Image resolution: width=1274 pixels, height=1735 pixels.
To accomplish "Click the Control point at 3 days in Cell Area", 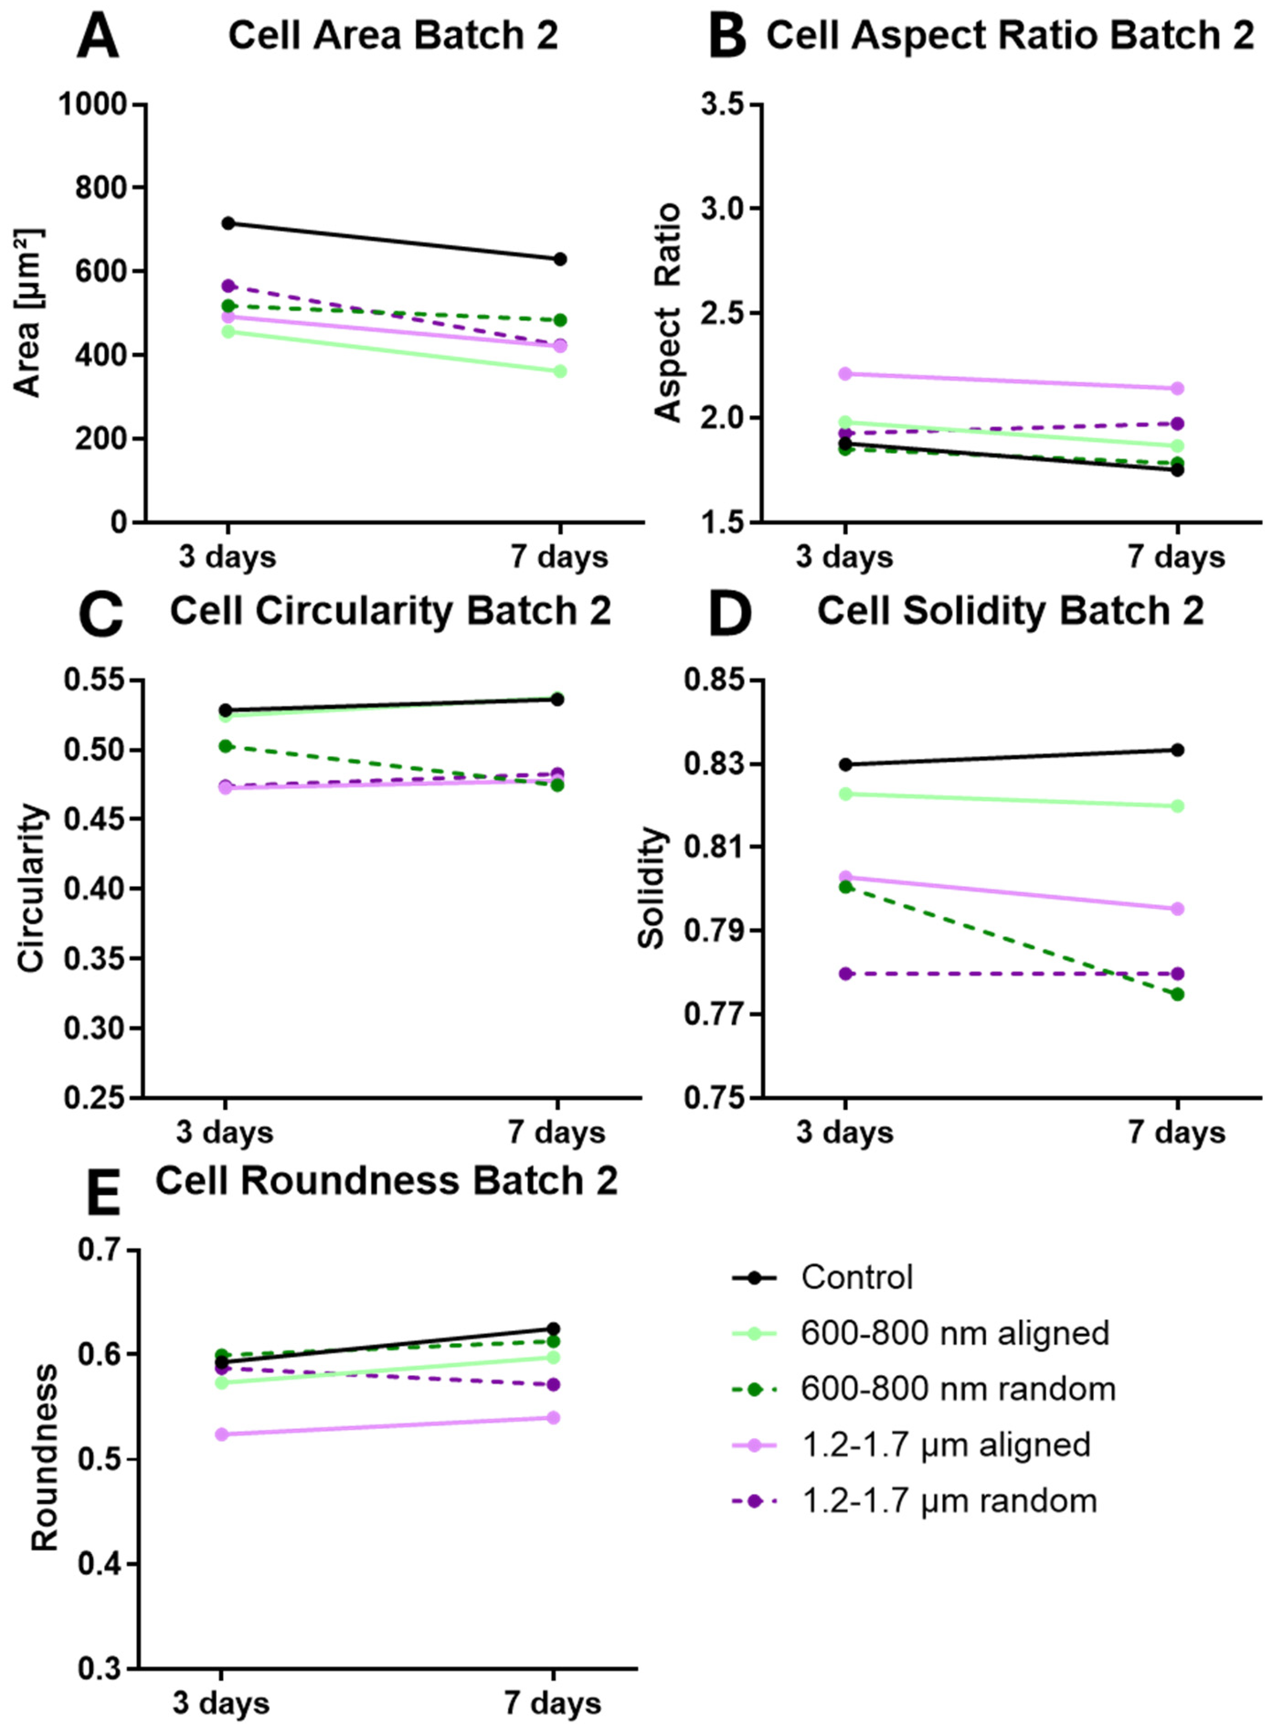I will coord(227,223).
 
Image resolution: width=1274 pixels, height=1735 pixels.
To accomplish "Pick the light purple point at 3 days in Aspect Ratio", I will coord(845,374).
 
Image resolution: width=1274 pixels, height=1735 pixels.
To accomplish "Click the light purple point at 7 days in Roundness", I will coord(553,1417).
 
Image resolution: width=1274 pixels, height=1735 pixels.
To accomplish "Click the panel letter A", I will coord(98,37).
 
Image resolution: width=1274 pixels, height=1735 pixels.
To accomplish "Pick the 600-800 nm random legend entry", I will coord(958,1389).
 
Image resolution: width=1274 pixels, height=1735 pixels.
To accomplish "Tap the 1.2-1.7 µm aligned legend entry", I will coord(946,1444).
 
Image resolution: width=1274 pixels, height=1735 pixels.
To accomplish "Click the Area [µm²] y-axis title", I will coord(29,312).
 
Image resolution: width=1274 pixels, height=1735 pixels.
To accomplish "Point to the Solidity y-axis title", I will coord(652,887).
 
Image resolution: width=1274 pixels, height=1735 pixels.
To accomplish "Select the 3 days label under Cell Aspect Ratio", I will coord(845,557).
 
